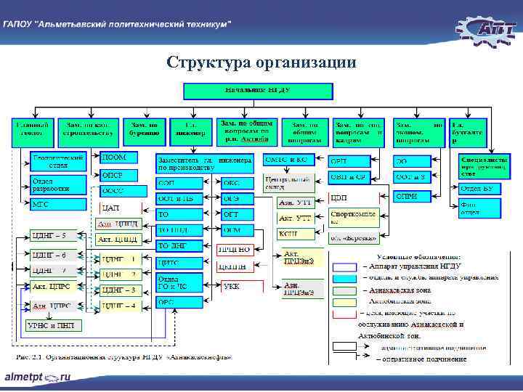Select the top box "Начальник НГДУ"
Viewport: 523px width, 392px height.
257,90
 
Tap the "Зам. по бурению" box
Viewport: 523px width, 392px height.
145,129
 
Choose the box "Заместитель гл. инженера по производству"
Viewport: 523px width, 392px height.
205,163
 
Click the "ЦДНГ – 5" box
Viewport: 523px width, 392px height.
52,236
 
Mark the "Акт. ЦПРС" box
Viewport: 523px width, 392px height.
52,287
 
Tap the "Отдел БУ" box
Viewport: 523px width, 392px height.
480,189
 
